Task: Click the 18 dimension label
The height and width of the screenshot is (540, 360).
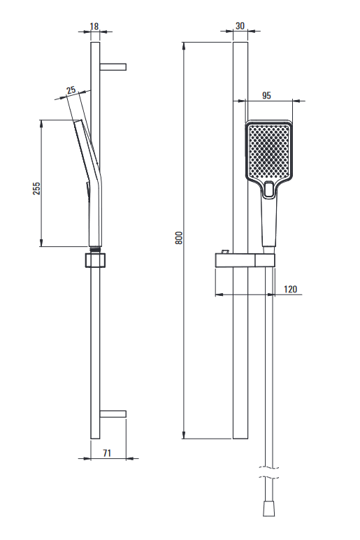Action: [x=94, y=26]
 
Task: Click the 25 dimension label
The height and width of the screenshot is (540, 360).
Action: [x=71, y=90]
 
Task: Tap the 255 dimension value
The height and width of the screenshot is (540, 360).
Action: [x=36, y=188]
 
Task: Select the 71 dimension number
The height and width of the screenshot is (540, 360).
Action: [x=107, y=453]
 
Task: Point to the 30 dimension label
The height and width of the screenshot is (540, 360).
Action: [x=240, y=26]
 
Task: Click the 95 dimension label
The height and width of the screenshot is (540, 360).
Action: [x=266, y=95]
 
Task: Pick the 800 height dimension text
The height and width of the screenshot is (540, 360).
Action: [x=179, y=238]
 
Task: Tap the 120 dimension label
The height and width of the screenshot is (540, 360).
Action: [x=291, y=289]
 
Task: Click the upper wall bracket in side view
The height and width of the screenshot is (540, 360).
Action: [x=113, y=67]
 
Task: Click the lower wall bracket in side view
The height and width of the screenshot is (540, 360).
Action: [x=113, y=414]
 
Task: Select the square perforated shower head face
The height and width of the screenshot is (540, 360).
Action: [x=269, y=150]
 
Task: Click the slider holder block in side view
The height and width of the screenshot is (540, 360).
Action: [x=95, y=260]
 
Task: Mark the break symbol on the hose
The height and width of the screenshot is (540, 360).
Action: [x=268, y=472]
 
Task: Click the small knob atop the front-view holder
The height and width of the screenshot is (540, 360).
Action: [x=225, y=252]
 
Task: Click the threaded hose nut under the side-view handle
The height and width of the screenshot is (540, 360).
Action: [x=95, y=248]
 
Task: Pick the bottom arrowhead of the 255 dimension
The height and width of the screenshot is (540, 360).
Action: [x=41, y=242]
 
